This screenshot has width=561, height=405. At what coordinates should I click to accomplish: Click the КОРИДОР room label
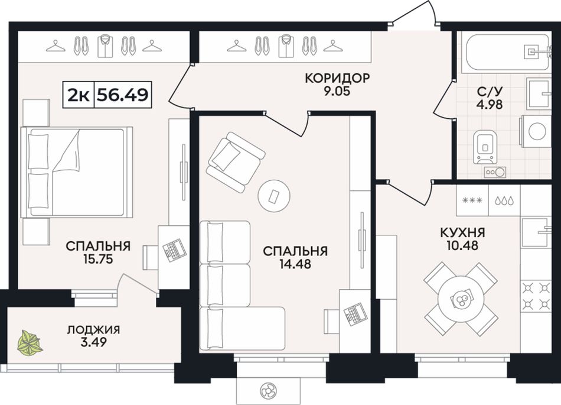[x=337, y=77]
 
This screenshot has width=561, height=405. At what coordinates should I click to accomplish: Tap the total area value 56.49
[x=123, y=95]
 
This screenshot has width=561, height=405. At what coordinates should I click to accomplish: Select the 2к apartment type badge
[x=79, y=95]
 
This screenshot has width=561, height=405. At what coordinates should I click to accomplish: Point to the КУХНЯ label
[x=462, y=233]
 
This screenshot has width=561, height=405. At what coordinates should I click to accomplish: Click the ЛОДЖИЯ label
[x=93, y=330]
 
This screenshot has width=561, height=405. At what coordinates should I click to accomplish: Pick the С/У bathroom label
[x=490, y=92]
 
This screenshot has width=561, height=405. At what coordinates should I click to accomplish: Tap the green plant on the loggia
[x=30, y=343]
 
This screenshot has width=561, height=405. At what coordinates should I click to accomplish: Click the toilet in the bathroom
[x=485, y=147]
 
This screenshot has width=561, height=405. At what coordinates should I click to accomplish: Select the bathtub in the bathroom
[x=507, y=52]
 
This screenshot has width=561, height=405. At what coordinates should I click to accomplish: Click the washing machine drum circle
[x=537, y=131]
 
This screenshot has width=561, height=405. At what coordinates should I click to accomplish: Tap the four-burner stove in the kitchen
[x=536, y=296]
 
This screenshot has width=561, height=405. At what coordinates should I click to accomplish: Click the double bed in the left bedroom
[x=77, y=172]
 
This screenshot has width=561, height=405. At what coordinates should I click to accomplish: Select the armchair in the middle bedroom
[x=236, y=162]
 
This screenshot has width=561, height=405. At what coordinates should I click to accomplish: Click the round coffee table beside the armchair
[x=273, y=196]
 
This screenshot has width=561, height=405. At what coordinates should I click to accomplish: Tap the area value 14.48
[x=295, y=264]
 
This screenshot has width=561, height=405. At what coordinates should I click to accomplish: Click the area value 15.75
[x=98, y=258]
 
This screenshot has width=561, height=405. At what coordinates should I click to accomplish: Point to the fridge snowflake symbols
[x=472, y=200]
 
